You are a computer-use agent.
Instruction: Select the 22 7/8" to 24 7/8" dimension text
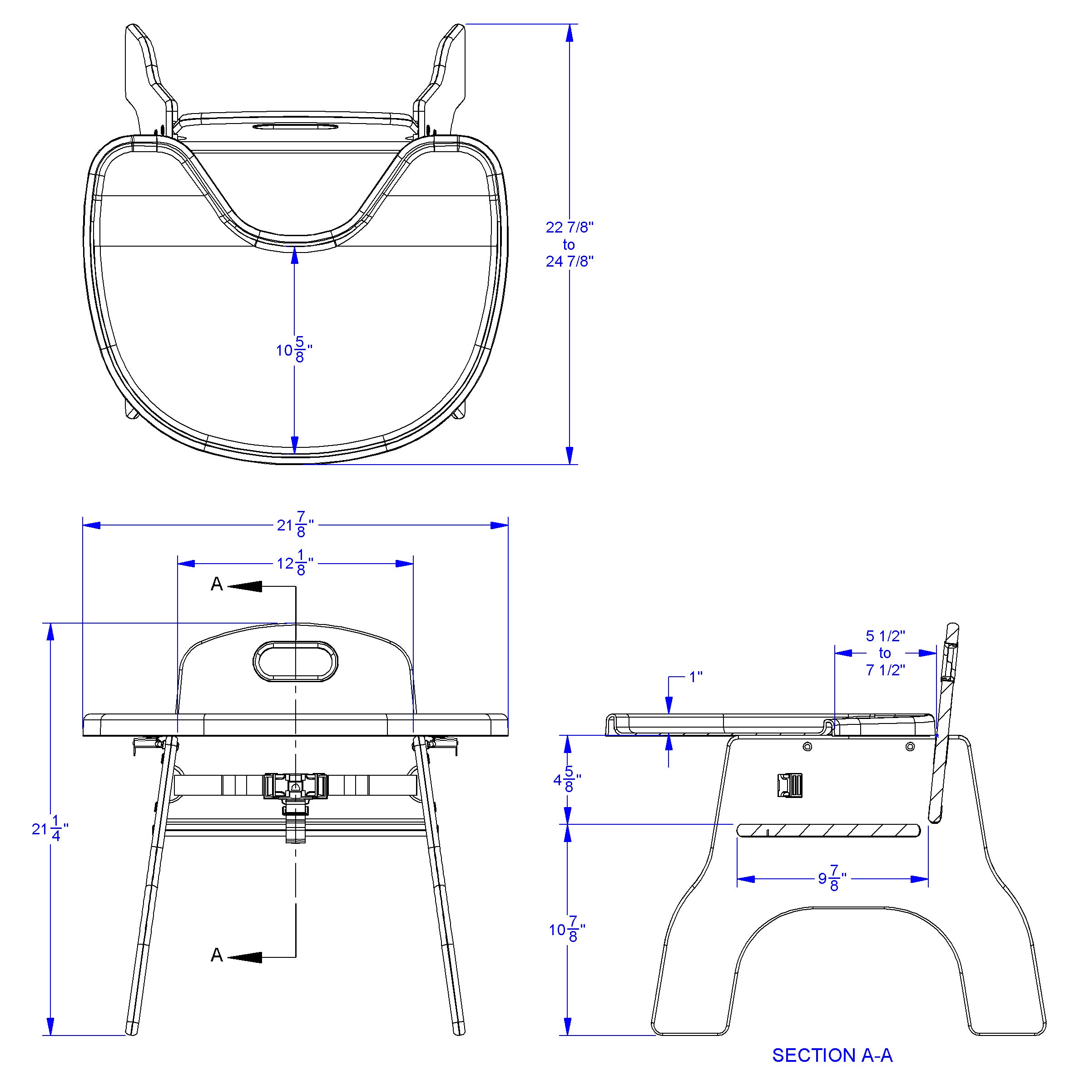(569, 244)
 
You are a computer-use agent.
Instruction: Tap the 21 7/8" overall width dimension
(295, 525)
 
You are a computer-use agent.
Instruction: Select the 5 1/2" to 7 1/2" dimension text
(885, 653)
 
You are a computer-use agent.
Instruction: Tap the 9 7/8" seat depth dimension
(833, 878)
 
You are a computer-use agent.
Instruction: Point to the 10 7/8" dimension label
(567, 929)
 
